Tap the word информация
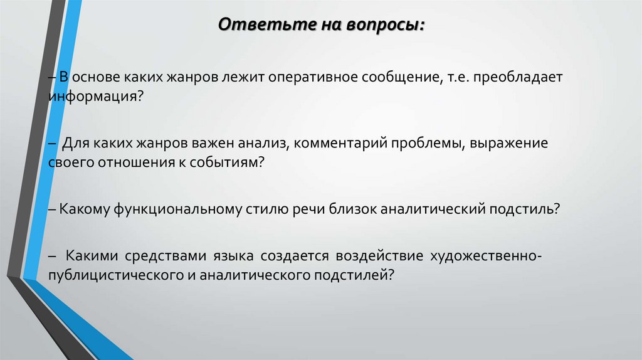92,97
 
